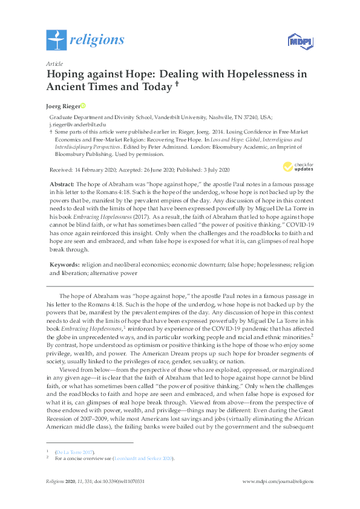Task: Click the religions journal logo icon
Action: [56, 40]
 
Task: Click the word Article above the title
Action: [54, 63]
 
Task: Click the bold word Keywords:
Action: [63, 265]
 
